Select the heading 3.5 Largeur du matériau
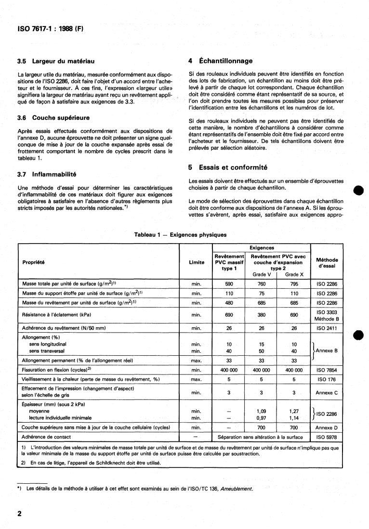[x=55, y=61]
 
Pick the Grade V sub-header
[x=262, y=274]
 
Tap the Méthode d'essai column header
[x=327, y=262]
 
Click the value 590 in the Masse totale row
[x=229, y=284]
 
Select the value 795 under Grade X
[x=294, y=284]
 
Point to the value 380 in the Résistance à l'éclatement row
[x=262, y=315]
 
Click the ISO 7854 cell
[x=327, y=370]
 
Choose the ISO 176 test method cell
[x=327, y=379]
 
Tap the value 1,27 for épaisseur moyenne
[x=294, y=411]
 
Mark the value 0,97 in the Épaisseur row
[x=262, y=418]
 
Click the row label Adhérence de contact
[x=47, y=437]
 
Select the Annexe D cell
[x=327, y=427]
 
